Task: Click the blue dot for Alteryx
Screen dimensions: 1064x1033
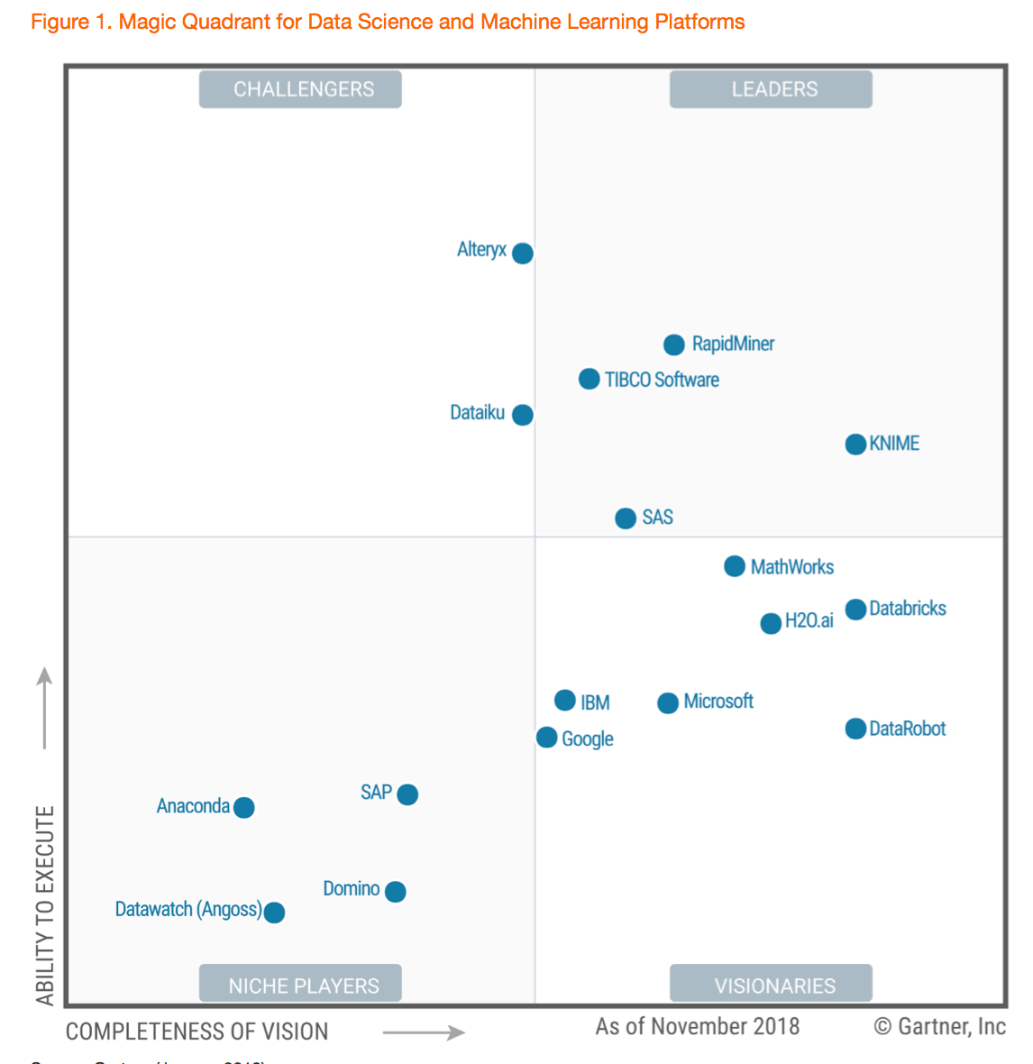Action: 523,253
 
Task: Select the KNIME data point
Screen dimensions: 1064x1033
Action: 855,445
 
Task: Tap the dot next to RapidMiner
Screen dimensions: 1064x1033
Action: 673,344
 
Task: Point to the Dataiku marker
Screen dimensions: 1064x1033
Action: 523,415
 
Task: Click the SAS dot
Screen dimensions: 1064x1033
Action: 626,518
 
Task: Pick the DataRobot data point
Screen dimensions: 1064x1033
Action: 855,729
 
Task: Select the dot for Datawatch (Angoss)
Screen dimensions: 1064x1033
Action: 274,913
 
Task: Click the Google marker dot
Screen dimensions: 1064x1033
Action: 546,738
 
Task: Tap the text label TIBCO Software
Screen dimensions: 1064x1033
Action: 662,380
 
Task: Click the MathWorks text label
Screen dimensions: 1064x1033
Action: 791,567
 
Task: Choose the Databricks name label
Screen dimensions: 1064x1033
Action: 907,609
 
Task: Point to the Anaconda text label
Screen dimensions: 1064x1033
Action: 193,806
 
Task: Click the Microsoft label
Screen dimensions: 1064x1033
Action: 718,702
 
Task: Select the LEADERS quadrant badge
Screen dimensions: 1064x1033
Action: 771,89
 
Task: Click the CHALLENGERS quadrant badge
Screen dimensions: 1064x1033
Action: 300,89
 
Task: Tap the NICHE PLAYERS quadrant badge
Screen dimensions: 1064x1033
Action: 300,985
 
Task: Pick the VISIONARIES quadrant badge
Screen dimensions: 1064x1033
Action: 771,985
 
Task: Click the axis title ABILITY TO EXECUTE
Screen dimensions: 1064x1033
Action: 45,905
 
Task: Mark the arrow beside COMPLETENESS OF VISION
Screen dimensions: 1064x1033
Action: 424,1032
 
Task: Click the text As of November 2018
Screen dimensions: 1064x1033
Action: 697,1026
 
